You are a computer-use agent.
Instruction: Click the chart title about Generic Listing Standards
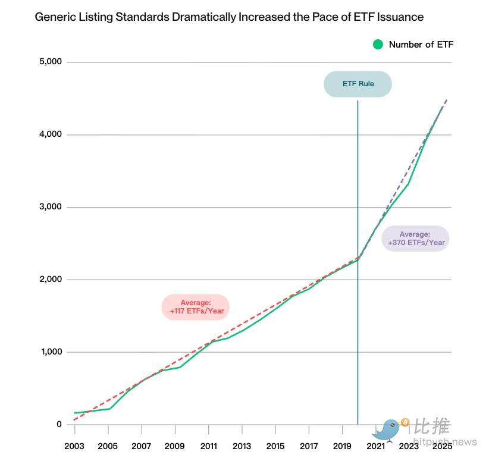[229, 17]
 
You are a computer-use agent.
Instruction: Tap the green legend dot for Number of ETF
[378, 44]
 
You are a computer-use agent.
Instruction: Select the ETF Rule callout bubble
[358, 84]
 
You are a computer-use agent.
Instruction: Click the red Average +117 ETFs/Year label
[195, 308]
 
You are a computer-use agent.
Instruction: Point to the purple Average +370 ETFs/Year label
[415, 239]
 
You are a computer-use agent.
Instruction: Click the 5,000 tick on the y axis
[51, 62]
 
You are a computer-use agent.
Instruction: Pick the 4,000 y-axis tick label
[51, 134]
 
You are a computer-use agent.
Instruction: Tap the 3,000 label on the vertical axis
[51, 207]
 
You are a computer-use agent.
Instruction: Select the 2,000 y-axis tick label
[51, 280]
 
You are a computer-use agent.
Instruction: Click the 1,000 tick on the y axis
[51, 352]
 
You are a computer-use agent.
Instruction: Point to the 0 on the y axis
[59, 424]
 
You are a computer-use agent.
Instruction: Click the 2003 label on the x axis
[74, 446]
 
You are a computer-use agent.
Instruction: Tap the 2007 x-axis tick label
[141, 446]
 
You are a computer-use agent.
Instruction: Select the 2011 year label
[208, 446]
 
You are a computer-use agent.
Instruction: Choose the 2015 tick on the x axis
[275, 446]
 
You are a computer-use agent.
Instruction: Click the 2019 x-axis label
[343, 446]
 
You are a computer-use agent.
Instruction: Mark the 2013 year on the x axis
[242, 446]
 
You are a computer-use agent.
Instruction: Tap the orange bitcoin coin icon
[405, 422]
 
